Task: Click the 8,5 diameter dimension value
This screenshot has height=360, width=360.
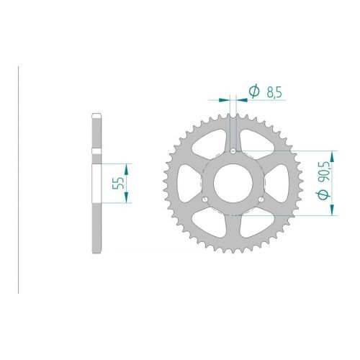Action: point(274,92)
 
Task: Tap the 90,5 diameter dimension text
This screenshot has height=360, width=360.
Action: point(326,173)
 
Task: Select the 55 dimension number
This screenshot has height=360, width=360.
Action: point(118,183)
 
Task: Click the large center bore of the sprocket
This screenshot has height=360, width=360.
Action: point(233,182)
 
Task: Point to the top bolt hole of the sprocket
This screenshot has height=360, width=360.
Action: point(233,150)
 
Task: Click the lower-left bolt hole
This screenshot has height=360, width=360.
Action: point(205,199)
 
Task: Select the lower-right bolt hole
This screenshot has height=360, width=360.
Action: point(261,199)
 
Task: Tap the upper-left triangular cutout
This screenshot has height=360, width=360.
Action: point(209,143)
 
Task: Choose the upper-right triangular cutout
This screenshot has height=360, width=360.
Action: point(257,143)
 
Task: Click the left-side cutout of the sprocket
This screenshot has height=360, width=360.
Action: point(188,183)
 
